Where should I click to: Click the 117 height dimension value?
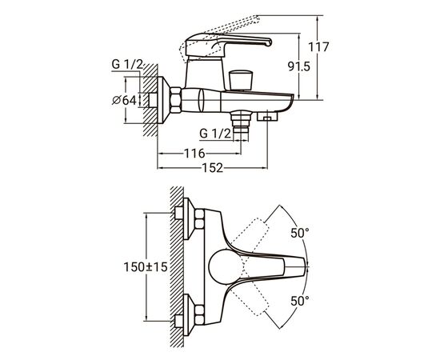pyautogui.click(x=318, y=47)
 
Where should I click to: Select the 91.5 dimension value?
pyautogui.click(x=299, y=66)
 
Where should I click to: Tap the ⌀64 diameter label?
pyautogui.click(x=124, y=100)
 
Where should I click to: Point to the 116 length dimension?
pyautogui.click(x=194, y=154)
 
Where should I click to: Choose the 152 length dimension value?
pyautogui.click(x=213, y=168)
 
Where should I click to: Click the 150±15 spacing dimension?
pyautogui.click(x=146, y=267)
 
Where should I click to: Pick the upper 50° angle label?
pyautogui.click(x=300, y=233)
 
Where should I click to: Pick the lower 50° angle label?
pyautogui.click(x=300, y=301)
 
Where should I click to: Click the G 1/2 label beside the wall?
pyautogui.click(x=127, y=65)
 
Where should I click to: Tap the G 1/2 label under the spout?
pyautogui.click(x=215, y=134)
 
